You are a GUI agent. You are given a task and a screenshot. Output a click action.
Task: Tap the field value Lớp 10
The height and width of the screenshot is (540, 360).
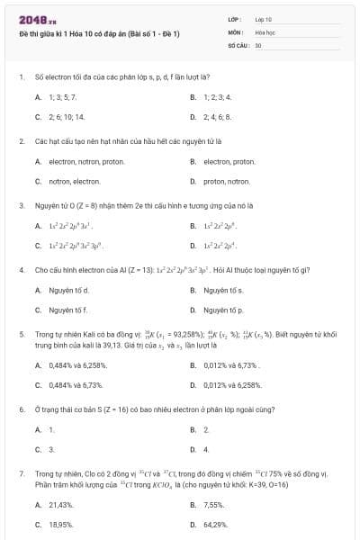[x=264, y=18]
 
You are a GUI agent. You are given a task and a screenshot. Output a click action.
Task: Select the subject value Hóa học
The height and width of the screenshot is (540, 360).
[x=265, y=31]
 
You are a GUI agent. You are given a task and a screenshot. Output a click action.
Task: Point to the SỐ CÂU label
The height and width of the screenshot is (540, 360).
[x=238, y=44]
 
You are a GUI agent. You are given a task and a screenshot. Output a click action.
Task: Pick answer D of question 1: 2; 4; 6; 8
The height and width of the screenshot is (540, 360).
[x=220, y=117]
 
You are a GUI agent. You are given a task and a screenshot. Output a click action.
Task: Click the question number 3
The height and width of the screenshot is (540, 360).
[x=21, y=205]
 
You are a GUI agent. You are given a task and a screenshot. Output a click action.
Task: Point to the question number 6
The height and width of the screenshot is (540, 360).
[x=21, y=409]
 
